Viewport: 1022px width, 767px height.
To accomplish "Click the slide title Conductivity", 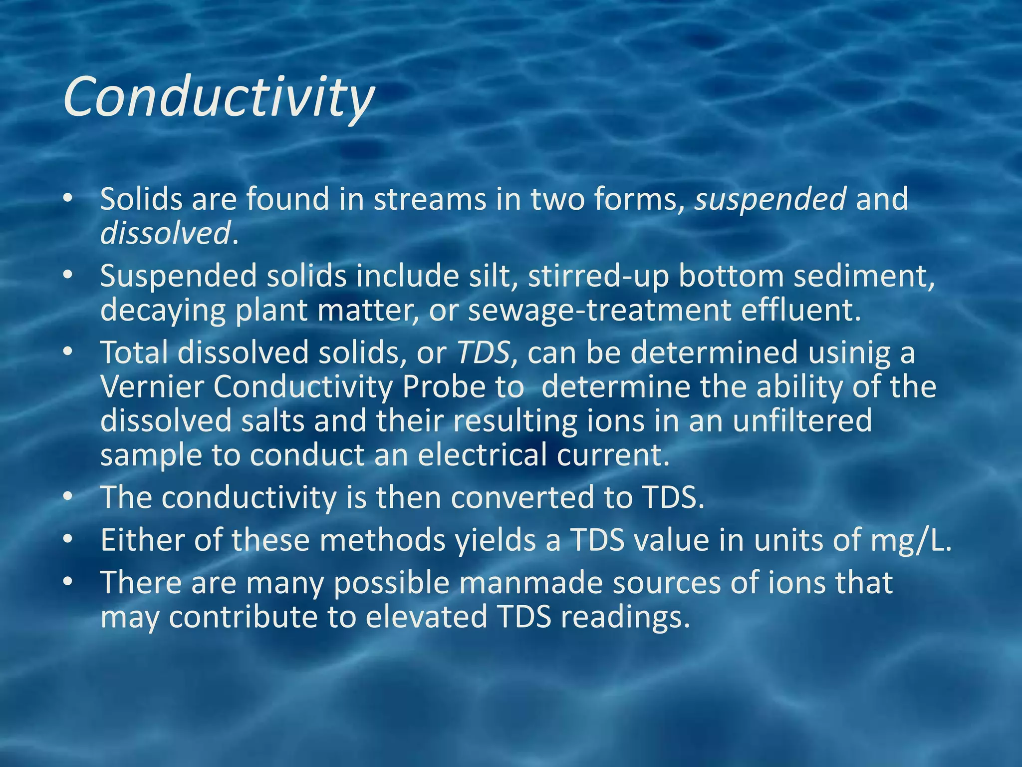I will pos(219,97).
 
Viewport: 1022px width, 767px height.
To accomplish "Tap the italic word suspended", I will pos(770,199).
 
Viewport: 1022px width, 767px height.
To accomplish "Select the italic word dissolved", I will pos(165,233).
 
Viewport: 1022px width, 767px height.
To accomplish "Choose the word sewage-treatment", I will pos(599,311).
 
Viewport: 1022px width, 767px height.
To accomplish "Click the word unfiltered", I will pos(802,420).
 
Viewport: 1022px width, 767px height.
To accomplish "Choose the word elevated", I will pos(426,617).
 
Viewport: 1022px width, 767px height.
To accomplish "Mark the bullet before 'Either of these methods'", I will pos(68,540).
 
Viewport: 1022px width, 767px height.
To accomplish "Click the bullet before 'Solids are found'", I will pos(68,199).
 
